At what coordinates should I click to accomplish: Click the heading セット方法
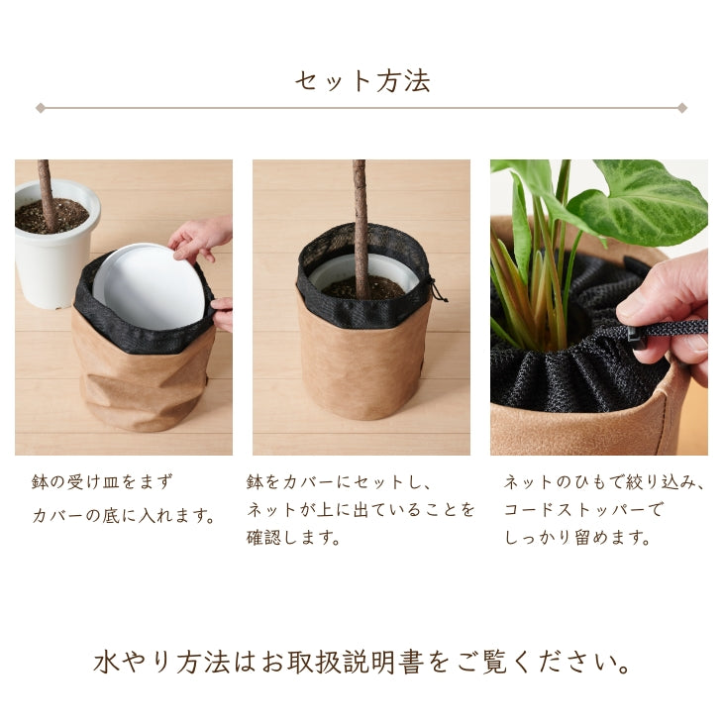tap(361, 80)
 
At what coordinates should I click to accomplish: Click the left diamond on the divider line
tap(40, 107)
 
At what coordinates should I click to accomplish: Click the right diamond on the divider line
tap(682, 107)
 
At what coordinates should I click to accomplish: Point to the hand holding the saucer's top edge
tap(201, 238)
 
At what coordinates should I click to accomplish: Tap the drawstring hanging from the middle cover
tap(437, 289)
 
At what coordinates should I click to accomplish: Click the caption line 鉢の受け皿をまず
tap(102, 482)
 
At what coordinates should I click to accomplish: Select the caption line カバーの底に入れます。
tap(124, 516)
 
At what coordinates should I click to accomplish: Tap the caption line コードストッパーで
tap(583, 511)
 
